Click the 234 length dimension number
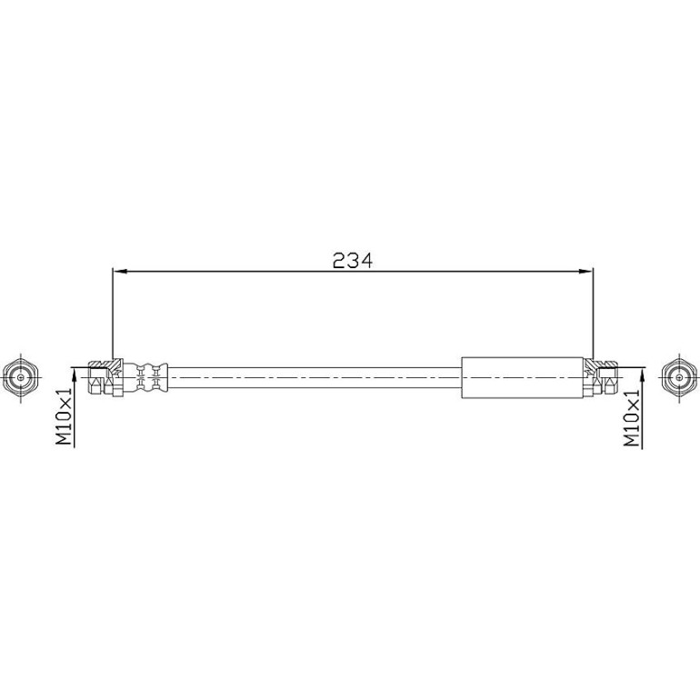[352, 260]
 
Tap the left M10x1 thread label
[64, 416]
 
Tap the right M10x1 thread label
[632, 417]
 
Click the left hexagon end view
[21, 377]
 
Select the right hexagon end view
[679, 377]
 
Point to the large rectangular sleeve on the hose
[523, 377]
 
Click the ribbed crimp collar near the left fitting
[145, 377]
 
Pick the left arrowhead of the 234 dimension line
[120, 271]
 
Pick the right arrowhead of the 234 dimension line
[585, 271]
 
